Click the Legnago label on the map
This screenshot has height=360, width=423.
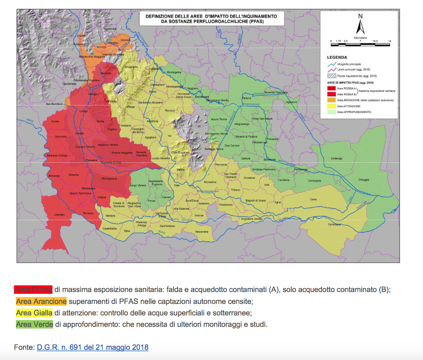point(59,214)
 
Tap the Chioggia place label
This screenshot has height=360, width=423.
point(364,180)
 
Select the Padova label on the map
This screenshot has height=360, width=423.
point(246,98)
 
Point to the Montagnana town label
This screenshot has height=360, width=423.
point(109,179)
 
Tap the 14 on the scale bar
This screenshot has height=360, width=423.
point(389,41)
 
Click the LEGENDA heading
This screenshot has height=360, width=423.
point(336,57)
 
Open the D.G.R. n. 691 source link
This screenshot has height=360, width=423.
point(93,347)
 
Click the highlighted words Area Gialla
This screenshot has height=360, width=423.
point(34,313)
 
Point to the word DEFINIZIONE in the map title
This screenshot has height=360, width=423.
point(160,16)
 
